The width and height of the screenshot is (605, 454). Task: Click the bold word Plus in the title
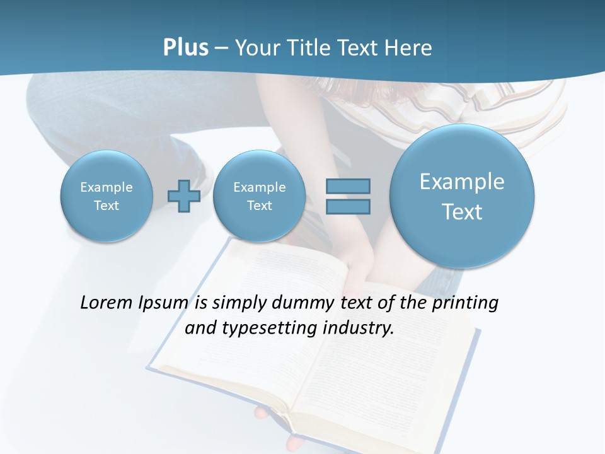click(x=185, y=47)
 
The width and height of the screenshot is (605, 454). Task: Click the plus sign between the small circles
click(x=184, y=196)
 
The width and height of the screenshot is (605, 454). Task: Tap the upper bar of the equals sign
click(x=348, y=186)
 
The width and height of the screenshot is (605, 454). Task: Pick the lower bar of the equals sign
click(x=348, y=206)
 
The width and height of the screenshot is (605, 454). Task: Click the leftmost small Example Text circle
click(x=107, y=196)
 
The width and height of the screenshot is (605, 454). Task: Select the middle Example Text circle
click(x=259, y=196)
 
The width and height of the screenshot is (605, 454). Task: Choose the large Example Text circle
click(x=462, y=196)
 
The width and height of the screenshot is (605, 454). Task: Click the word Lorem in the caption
click(x=107, y=303)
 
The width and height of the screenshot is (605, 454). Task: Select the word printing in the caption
click(x=465, y=303)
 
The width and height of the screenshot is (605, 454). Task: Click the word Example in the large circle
click(x=462, y=182)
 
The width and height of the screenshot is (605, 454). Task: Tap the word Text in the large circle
click(x=462, y=212)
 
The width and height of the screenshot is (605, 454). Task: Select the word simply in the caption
click(x=238, y=303)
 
